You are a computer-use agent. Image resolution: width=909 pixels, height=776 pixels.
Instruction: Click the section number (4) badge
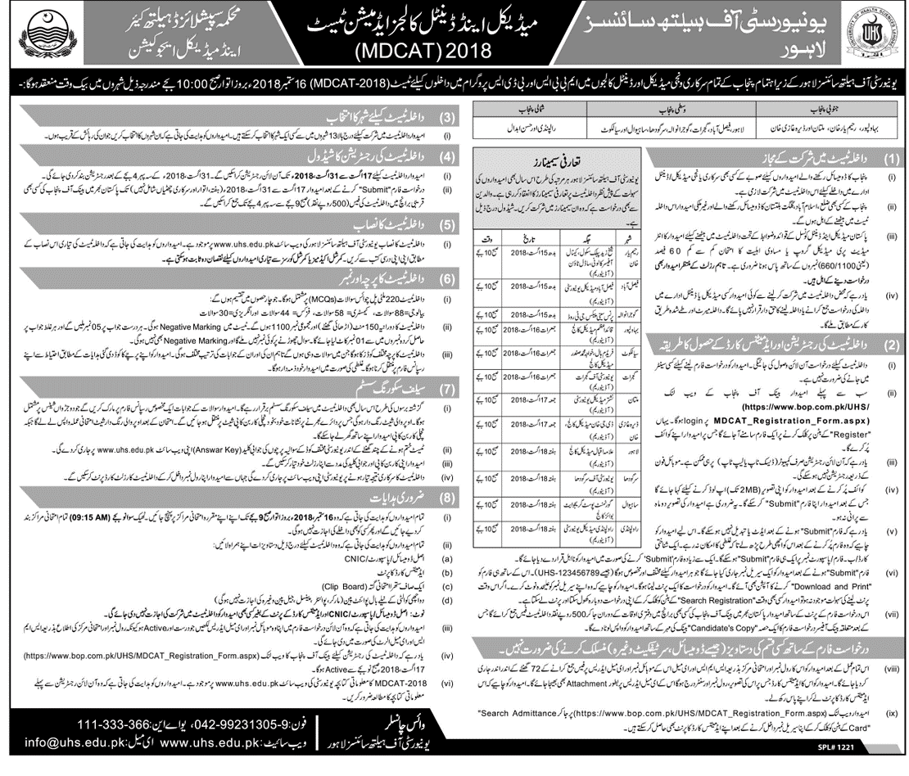click(447, 156)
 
